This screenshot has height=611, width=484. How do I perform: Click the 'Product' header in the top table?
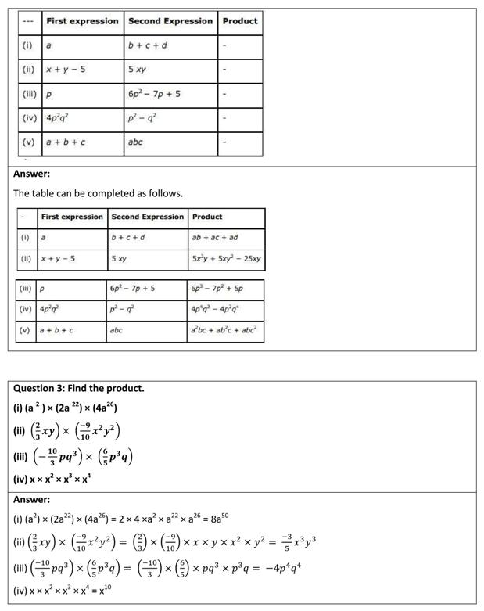(240, 21)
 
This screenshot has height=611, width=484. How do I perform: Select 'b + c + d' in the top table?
(149, 45)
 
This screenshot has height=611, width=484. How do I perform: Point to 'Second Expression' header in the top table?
(170, 21)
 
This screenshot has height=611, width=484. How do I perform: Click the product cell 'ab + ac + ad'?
(214, 237)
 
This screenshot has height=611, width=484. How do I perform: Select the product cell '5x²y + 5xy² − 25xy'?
(226, 258)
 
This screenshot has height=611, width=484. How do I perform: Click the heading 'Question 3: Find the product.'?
(79, 388)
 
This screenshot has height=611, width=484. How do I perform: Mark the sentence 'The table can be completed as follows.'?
(98, 192)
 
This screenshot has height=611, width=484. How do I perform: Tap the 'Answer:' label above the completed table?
(31, 174)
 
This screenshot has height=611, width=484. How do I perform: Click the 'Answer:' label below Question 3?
(31, 499)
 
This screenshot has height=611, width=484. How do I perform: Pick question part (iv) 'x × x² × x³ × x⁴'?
(57, 477)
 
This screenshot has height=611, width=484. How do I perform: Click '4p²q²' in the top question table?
(59, 118)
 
